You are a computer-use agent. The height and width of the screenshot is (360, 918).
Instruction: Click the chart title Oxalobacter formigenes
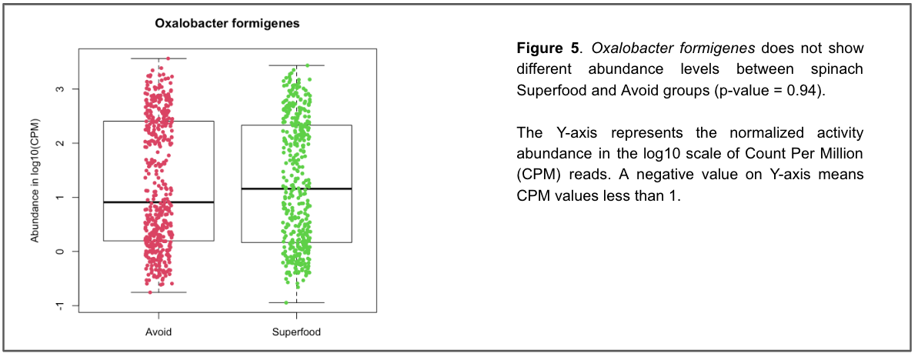[x=227, y=24]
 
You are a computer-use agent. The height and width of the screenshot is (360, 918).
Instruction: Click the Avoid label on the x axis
[x=158, y=332]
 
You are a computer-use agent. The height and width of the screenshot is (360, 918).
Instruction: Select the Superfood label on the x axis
[x=296, y=332]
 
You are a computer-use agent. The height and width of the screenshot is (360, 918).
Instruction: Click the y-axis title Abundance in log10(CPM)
[x=35, y=182]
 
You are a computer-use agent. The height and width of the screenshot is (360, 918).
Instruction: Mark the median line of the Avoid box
[x=158, y=202]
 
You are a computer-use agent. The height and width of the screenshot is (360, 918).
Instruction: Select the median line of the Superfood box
[x=296, y=188]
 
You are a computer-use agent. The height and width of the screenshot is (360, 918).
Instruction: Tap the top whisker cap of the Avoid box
[x=158, y=58]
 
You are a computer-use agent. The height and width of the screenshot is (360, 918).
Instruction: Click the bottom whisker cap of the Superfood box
[x=296, y=302]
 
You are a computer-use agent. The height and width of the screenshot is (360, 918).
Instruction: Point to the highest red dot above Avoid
[x=168, y=58]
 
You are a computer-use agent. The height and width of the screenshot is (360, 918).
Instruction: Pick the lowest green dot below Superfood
[x=286, y=302]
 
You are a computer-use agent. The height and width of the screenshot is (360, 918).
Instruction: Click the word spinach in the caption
[x=843, y=69]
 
